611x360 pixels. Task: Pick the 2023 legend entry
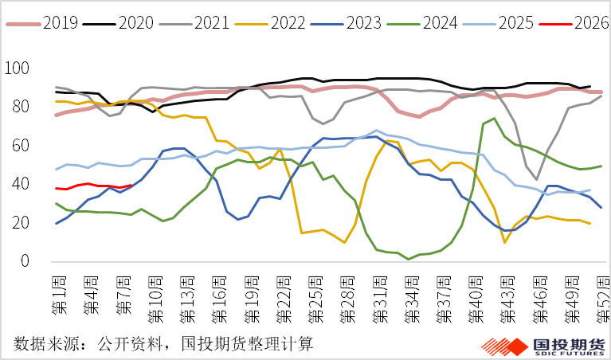pyautogui.click(x=366, y=22)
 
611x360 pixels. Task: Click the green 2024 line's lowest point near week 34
pyautogui.click(x=409, y=259)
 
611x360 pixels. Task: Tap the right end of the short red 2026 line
pyautogui.click(x=131, y=186)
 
